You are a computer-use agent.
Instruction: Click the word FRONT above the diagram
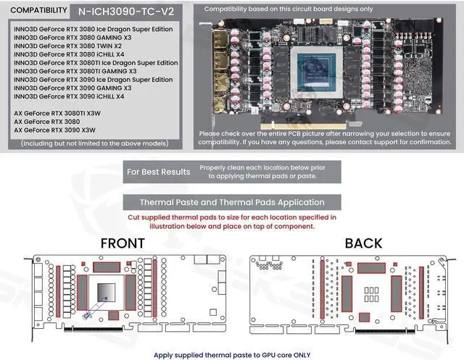pos(122,243)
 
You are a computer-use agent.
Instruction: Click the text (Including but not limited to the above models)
pos(94,143)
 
